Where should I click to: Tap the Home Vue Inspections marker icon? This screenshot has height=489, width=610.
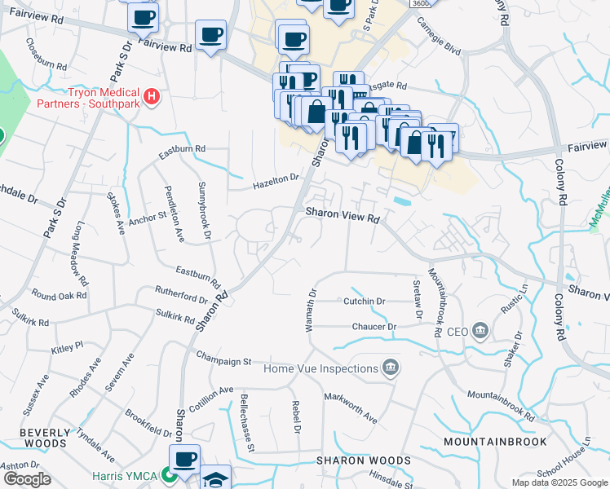point(391,368)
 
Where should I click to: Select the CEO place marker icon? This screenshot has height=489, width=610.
point(480,331)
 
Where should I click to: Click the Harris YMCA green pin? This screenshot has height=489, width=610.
point(170,474)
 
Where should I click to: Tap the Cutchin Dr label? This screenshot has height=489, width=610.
point(364,302)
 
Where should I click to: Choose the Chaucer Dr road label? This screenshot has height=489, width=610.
point(374,327)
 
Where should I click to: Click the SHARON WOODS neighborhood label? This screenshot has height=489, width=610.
point(364,460)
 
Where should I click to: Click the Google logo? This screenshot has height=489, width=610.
point(26,479)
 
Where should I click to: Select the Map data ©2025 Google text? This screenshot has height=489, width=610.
point(559,482)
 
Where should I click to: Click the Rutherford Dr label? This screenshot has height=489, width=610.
point(182,294)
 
